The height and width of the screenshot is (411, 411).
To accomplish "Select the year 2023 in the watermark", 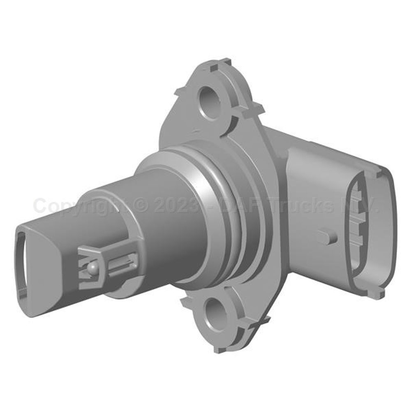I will pos(177,205).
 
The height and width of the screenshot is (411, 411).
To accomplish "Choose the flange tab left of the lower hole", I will pos(187,305).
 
